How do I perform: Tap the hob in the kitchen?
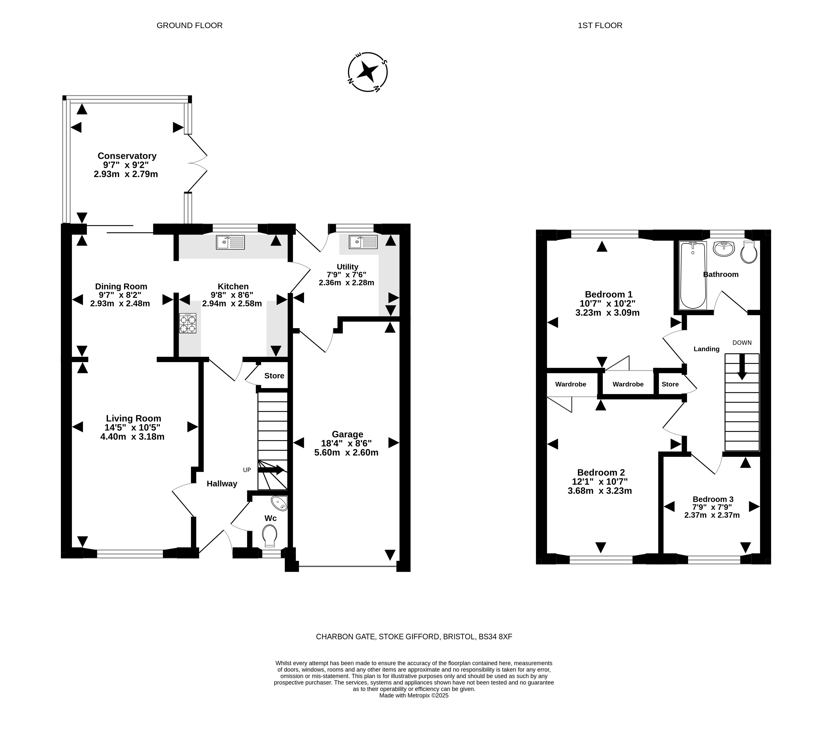coord(188,323)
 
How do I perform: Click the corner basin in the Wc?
coord(280,503)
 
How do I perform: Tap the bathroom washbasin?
coord(724,249)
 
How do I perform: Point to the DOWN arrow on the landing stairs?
coord(742,367)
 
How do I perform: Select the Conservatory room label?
coord(127,156)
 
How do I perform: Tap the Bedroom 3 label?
coord(713,499)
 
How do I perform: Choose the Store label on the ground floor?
coord(274,376)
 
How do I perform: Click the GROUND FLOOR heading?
coord(190,25)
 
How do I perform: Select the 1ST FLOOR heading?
coord(600,25)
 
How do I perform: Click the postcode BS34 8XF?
coord(495,637)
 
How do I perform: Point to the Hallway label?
coord(222,484)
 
